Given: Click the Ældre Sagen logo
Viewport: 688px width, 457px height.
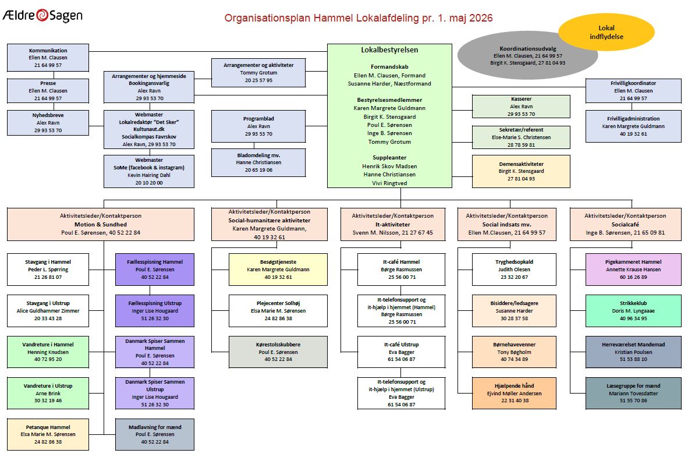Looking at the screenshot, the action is pyautogui.click(x=42, y=15).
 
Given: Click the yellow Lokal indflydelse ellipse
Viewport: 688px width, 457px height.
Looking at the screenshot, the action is pyautogui.click(x=606, y=32).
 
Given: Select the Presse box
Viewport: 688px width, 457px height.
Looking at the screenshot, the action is pyautogui.click(x=48, y=90).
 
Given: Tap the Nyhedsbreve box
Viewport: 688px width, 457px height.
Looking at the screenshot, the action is pyautogui.click(x=48, y=122).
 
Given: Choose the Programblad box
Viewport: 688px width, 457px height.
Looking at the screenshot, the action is pyautogui.click(x=258, y=126).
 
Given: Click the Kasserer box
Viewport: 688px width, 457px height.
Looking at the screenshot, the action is pyautogui.click(x=521, y=106).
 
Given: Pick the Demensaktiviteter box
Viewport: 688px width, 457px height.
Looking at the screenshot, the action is pyautogui.click(x=521, y=171).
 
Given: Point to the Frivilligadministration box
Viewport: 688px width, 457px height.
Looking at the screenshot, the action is pyautogui.click(x=633, y=126).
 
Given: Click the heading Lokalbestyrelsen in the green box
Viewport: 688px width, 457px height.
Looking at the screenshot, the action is pyautogui.click(x=389, y=50).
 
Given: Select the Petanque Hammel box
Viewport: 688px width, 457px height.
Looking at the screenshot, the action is pyautogui.click(x=48, y=434).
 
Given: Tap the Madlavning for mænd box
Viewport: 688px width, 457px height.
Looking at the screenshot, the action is pyautogui.click(x=154, y=434).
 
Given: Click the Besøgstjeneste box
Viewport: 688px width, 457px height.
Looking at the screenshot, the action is pyautogui.click(x=278, y=269).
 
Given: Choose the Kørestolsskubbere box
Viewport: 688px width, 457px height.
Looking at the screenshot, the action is pyautogui.click(x=278, y=352).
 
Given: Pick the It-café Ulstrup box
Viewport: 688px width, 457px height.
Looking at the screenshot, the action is pyautogui.click(x=401, y=352).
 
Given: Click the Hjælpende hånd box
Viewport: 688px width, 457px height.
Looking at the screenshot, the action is pyautogui.click(x=514, y=394).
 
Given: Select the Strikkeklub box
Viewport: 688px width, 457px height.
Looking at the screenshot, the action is pyautogui.click(x=633, y=311).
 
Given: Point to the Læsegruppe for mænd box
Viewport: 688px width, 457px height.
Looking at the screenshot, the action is pyautogui.click(x=633, y=394).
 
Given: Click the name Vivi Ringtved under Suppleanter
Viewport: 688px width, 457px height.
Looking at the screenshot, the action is pyautogui.click(x=389, y=183).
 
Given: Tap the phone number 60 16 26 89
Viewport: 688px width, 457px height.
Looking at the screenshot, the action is pyautogui.click(x=633, y=277).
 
